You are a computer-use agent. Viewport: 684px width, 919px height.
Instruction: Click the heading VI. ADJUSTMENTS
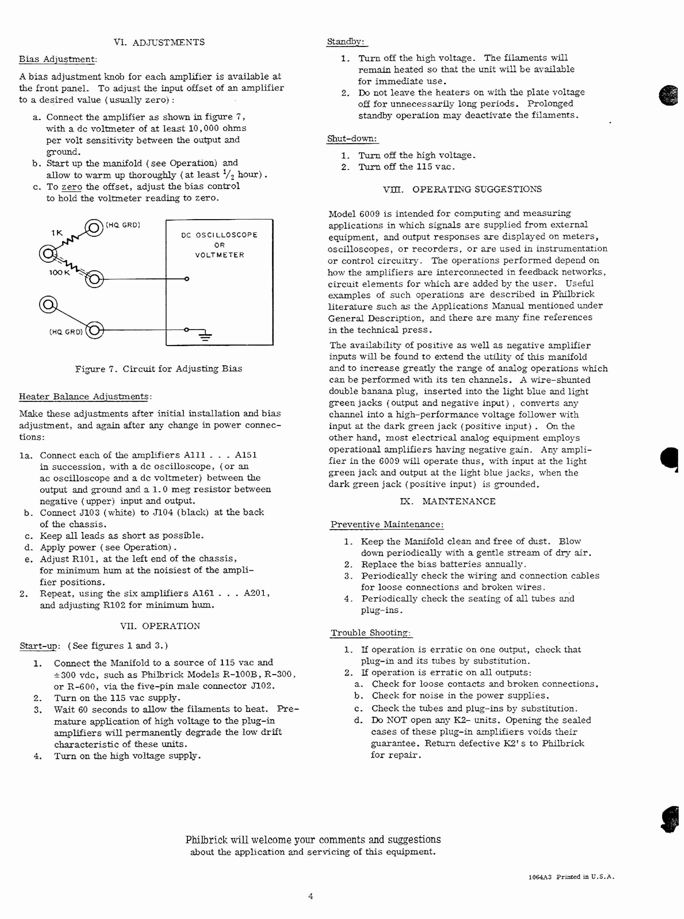click(x=159, y=42)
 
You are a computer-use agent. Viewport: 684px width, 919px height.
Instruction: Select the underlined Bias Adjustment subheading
click(x=57, y=59)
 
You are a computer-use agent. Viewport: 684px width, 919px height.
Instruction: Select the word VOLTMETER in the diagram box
click(x=220, y=255)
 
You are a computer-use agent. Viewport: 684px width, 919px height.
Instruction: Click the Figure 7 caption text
click(x=159, y=369)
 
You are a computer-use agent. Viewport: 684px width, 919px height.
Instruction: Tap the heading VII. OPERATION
click(x=160, y=626)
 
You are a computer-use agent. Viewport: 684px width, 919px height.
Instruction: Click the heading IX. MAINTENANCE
click(x=447, y=501)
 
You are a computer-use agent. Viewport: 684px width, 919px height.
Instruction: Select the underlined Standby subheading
click(x=345, y=42)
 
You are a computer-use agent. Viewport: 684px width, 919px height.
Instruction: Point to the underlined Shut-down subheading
click(x=352, y=139)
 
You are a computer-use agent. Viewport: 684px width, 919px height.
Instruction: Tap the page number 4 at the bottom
click(x=311, y=896)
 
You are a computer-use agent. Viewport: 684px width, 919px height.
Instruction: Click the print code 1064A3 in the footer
click(x=540, y=877)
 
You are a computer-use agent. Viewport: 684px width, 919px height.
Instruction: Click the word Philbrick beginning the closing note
click(x=206, y=840)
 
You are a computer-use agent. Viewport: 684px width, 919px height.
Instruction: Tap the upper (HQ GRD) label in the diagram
click(x=123, y=225)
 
